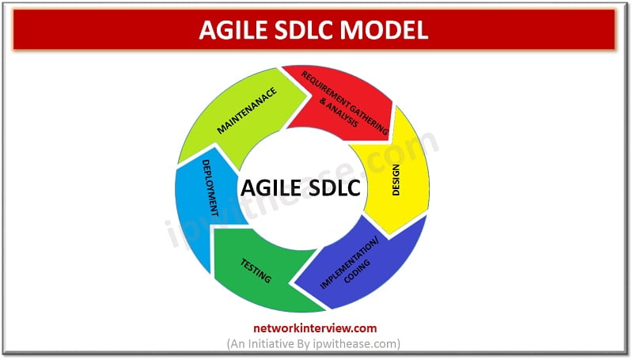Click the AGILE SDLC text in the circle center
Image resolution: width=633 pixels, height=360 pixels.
coord(300,189)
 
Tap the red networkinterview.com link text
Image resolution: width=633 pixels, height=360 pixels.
coord(316,328)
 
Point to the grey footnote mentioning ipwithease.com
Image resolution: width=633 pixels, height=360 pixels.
coord(316,343)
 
